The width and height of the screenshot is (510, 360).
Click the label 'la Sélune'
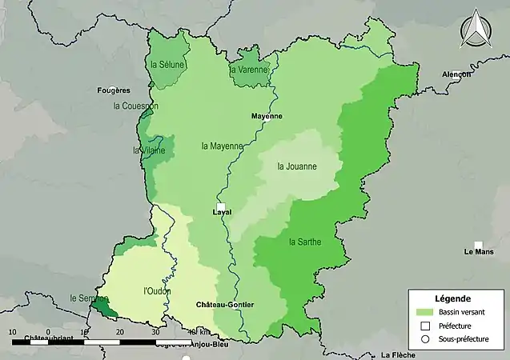[167, 64]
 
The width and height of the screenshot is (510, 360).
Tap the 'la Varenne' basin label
[249, 70]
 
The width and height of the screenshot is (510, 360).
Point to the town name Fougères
[114, 90]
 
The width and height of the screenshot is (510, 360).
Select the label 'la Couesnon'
[136, 106]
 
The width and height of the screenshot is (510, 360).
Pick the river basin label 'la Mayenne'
[222, 146]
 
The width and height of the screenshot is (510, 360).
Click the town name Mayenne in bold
[267, 116]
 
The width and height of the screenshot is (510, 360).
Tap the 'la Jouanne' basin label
[296, 166]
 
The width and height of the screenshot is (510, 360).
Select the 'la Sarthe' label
[304, 242]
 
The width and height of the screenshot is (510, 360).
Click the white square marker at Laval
[221, 206]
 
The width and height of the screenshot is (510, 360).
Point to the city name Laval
[222, 213]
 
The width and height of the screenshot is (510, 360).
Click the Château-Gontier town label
[225, 305]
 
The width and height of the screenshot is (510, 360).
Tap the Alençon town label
[456, 74]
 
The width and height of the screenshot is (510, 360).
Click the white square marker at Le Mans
[479, 245]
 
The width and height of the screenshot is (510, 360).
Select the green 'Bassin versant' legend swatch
[424, 311]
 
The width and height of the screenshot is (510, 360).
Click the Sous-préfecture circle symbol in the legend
[424, 339]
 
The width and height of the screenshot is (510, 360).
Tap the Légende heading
[453, 298]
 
